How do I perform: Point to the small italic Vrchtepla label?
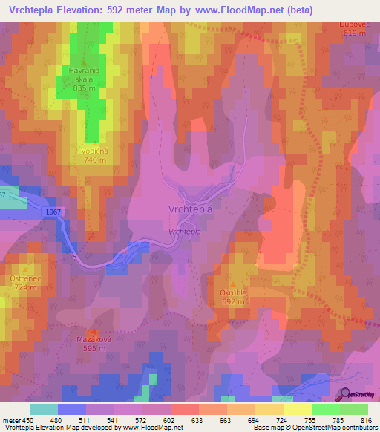click(184, 232)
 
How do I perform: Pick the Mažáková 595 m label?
click(93, 343)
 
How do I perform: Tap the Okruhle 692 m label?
click(232, 298)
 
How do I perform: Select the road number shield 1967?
click(63, 212)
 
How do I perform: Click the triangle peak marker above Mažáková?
click(93, 331)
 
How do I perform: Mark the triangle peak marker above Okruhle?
click(232, 285)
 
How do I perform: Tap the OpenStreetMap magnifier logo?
click(344, 394)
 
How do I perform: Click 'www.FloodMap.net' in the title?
click(242, 10)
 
